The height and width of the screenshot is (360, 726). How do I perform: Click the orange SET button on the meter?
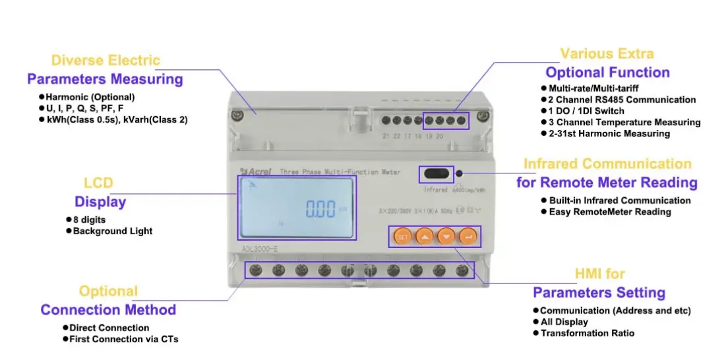coord(402,236)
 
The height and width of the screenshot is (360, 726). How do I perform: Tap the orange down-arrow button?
coord(446,236)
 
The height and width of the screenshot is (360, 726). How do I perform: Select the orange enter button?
coord(468,236)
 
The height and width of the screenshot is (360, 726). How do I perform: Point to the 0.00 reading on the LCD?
coord(320,210)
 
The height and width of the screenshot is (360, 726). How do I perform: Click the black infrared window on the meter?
coord(437,175)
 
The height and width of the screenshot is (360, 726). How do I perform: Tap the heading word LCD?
coord(98,183)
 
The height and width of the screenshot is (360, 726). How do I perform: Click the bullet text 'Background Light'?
coord(113,231)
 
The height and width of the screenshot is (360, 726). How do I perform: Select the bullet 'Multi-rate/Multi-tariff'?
coord(593,88)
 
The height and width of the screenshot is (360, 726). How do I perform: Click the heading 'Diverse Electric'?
coord(106,61)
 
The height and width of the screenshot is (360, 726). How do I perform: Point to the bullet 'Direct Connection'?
coord(109,328)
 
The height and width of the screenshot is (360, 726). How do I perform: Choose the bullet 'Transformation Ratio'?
coord(588,333)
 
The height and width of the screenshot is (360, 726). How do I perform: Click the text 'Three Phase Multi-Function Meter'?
coord(340,172)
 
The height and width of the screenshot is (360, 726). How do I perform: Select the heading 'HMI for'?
coord(599,274)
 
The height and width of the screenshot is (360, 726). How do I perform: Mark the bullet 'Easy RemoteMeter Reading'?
coord(610,212)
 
